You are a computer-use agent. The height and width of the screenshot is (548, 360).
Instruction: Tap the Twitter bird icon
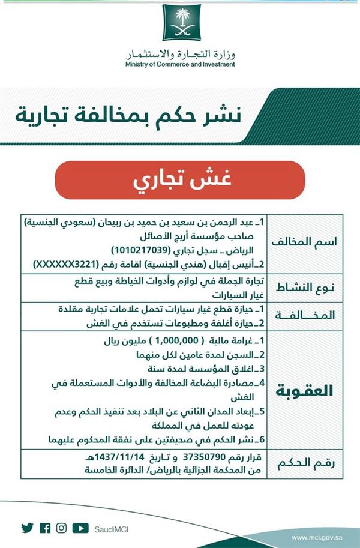click(27, 528)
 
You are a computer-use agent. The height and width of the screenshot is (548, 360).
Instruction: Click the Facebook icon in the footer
click(45, 528)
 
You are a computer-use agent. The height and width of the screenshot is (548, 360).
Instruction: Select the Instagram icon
click(62, 528)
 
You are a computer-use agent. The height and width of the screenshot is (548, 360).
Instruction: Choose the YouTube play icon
click(80, 528)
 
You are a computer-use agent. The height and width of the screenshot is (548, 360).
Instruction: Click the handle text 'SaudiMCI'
click(112, 529)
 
